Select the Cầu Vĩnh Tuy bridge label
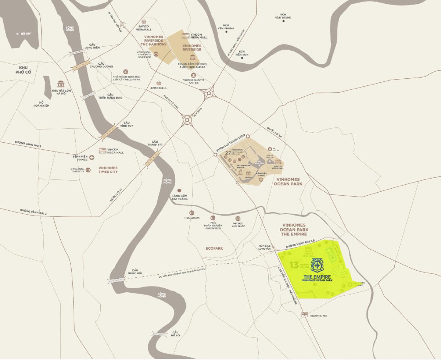(x=128, y=124)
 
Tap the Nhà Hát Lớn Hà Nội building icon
(x=61, y=84)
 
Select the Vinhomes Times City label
(x=108, y=170)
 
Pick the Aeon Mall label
(x=159, y=88)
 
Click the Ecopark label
(x=215, y=248)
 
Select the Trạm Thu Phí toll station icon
(x=304, y=314)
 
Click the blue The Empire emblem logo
(x=316, y=265)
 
